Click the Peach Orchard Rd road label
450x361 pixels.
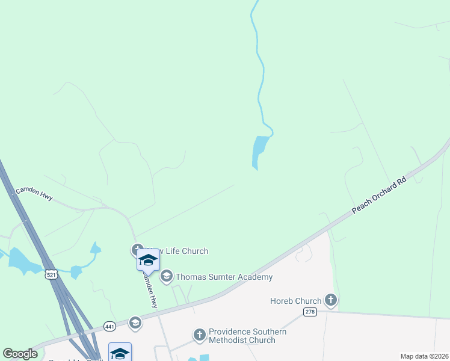pos(379,194)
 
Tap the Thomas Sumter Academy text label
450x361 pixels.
pos(224,277)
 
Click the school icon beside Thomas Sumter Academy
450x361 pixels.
pos(167,277)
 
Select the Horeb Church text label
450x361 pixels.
pos(295,300)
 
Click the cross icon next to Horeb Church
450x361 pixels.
pos(330,300)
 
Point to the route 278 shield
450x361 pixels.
pos(310,311)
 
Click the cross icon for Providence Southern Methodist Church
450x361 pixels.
pos(200,335)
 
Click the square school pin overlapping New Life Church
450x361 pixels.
pos(148,260)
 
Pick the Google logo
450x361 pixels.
pos(20,354)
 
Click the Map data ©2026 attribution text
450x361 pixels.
pos(425,356)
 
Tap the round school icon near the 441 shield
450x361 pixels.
pos(135,322)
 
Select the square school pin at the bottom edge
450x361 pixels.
pos(120,353)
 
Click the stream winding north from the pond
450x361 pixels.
pos(260,72)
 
